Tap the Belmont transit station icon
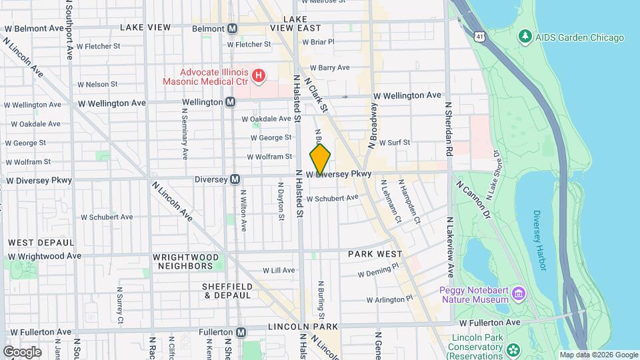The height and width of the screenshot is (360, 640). tap(232, 29)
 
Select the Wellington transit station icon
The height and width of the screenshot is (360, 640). tap(230, 102)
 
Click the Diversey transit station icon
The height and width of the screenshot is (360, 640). tap(235, 179)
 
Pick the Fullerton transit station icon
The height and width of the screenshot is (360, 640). tap(241, 331)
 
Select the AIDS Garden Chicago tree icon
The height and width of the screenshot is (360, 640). tap(526, 37)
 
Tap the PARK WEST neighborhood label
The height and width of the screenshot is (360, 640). tap(375, 254)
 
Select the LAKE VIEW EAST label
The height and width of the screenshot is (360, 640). tap(295, 29)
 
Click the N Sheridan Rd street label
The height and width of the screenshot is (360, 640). tap(449, 129)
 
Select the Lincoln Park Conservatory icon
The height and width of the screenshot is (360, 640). tap(513, 350)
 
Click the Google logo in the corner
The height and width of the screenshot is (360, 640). tap(22, 351)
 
